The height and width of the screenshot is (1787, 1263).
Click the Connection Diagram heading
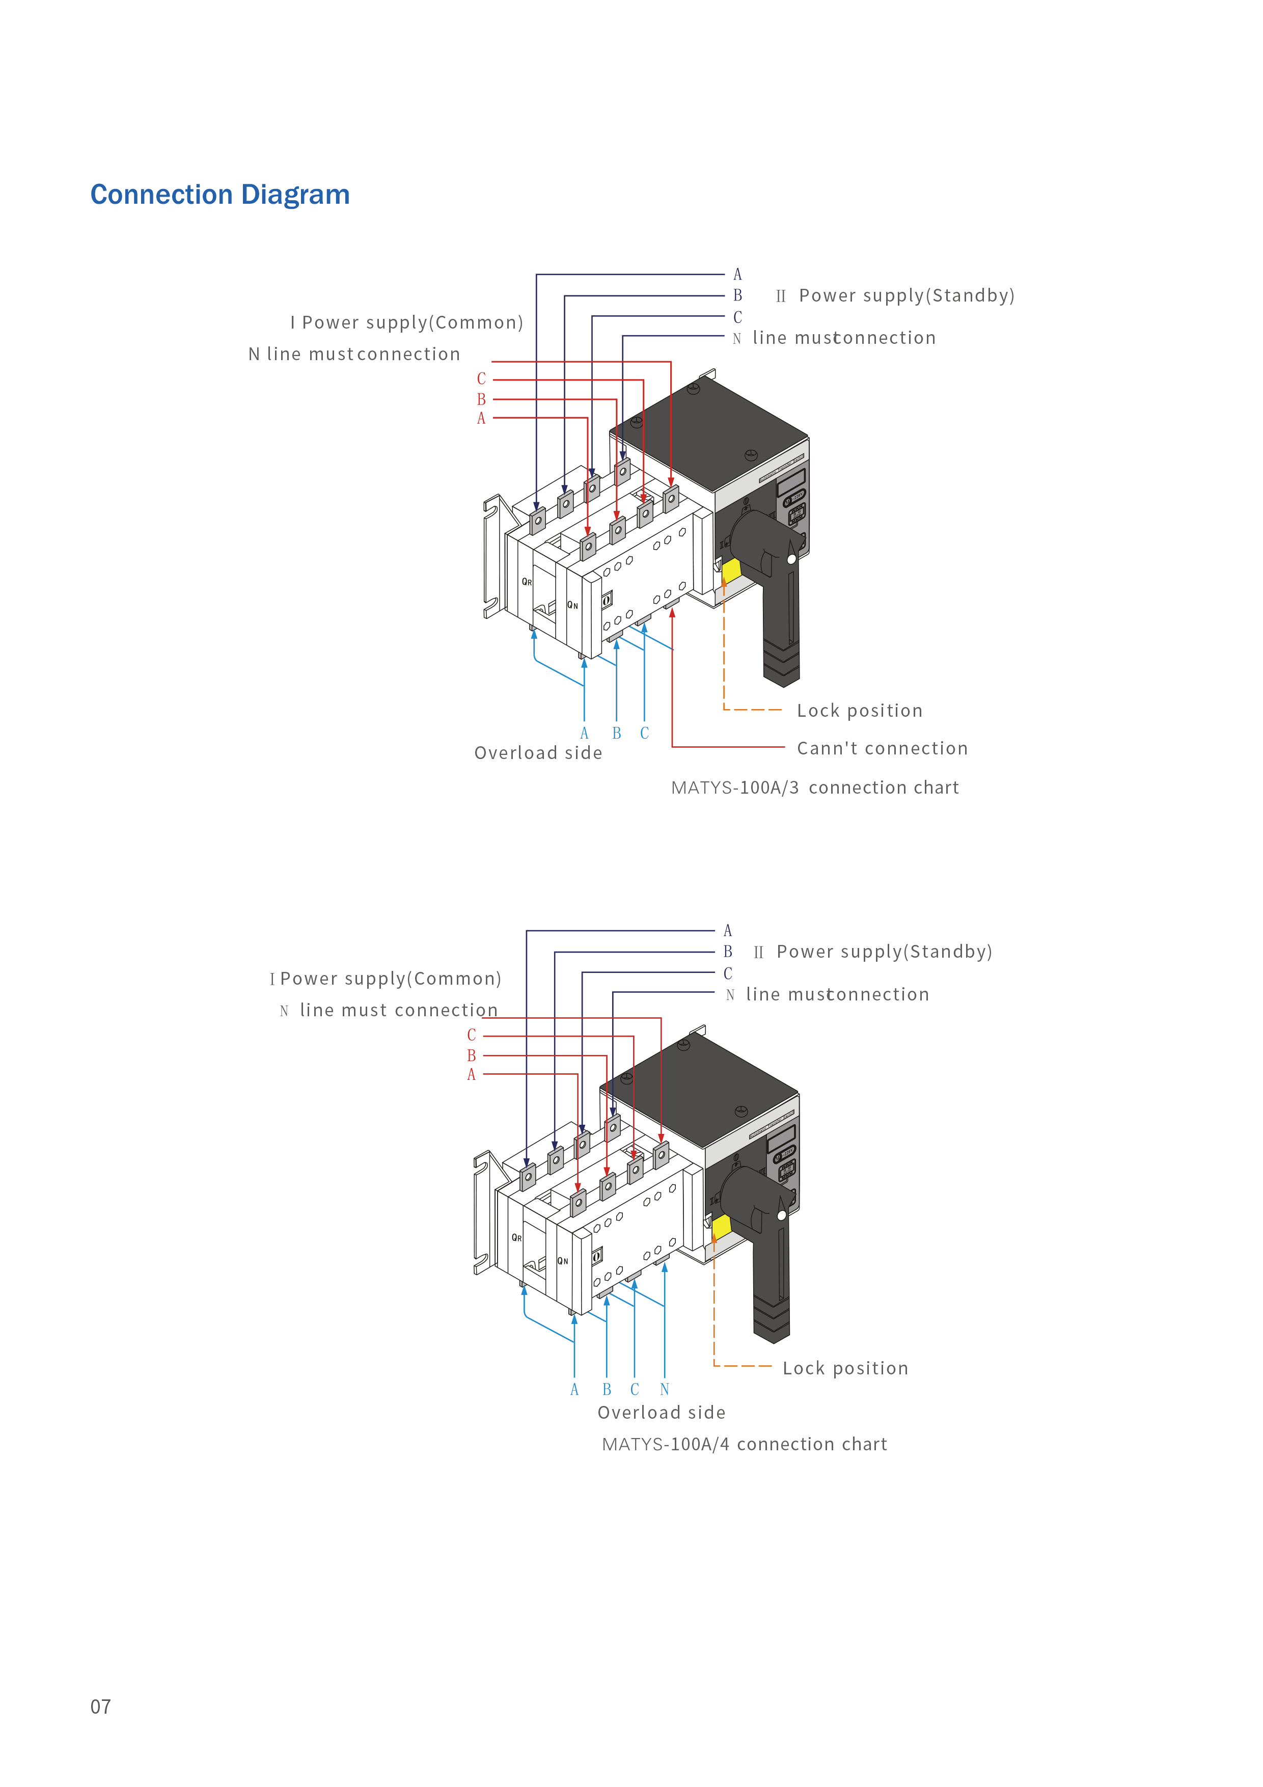point(220,195)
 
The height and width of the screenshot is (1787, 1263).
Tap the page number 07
point(100,1707)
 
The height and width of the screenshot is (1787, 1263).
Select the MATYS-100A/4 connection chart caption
point(744,1445)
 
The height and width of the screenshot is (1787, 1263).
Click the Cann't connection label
point(882,749)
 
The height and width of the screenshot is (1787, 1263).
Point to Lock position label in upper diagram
point(859,711)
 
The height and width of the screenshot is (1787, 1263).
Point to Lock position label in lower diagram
point(845,1368)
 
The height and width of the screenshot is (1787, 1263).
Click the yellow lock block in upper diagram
point(731,571)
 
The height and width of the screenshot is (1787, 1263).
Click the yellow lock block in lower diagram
point(721,1227)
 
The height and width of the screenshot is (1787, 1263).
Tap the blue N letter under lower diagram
point(665,1390)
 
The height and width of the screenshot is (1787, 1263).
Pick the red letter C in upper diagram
point(481,379)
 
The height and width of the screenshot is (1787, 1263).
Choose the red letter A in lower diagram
point(471,1075)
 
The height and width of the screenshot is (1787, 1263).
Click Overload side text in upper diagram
point(538,753)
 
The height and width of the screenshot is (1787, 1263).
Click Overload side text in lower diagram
point(662,1413)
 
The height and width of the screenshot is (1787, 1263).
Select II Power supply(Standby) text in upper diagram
point(895,296)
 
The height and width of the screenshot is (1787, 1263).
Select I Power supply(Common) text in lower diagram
point(385,979)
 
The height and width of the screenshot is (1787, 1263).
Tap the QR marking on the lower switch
point(517,1237)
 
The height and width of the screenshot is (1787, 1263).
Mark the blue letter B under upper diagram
point(616,733)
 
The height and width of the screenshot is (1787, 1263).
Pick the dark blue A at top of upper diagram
point(738,275)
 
